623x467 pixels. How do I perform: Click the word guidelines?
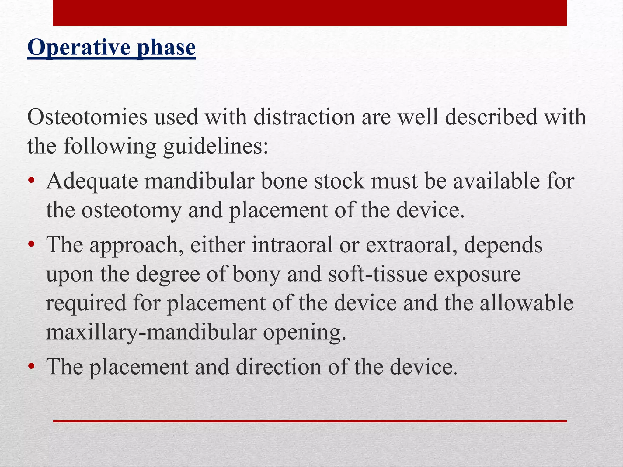216,147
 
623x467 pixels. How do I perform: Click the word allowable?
527,303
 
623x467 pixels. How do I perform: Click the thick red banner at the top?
310,13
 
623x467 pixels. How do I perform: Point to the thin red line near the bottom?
310,421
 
